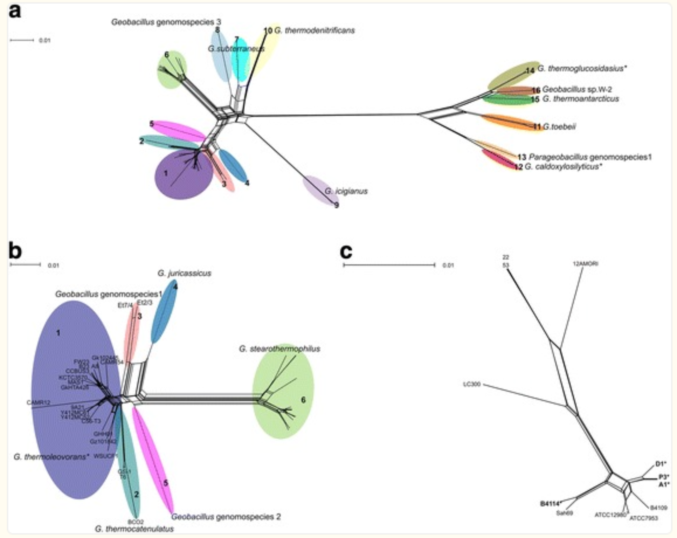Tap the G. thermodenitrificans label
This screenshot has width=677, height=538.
pyautogui.click(x=314, y=30)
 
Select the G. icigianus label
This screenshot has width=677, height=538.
pyautogui.click(x=346, y=191)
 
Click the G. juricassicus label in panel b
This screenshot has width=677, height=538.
pyautogui.click(x=184, y=273)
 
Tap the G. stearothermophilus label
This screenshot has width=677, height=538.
pyautogui.click(x=280, y=349)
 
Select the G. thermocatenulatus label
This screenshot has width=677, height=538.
pyautogui.click(x=134, y=529)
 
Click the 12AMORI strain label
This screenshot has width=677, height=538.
pyautogui.click(x=586, y=264)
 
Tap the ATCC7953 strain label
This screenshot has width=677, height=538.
pyautogui.click(x=644, y=518)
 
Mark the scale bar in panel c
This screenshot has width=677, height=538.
pyautogui.click(x=389, y=265)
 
